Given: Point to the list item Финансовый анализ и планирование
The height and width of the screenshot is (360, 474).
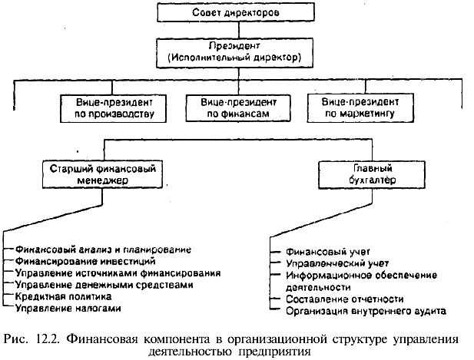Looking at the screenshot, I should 104,249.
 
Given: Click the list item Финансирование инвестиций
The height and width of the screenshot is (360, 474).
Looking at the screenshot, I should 85,261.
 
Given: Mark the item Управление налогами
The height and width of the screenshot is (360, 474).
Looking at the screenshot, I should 68,307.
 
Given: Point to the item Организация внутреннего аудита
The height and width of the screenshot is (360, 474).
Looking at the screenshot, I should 366,311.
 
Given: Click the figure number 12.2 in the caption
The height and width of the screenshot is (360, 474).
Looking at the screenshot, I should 46,339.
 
